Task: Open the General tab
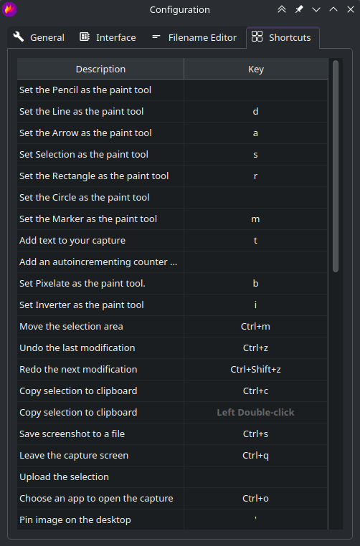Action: pyautogui.click(x=39, y=37)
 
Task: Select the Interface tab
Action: pyautogui.click(x=108, y=37)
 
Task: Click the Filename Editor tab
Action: pyautogui.click(x=194, y=37)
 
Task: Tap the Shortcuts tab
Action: pyautogui.click(x=282, y=37)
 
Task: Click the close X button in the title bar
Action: pyautogui.click(x=351, y=9)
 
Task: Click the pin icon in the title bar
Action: pyautogui.click(x=299, y=9)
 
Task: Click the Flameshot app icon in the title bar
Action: pyautogui.click(x=9, y=9)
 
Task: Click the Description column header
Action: pyautogui.click(x=100, y=69)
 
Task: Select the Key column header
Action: pyautogui.click(x=256, y=69)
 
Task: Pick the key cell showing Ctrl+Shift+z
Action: pyautogui.click(x=256, y=369)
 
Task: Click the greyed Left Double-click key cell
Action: pyautogui.click(x=256, y=412)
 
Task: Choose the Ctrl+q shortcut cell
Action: pyautogui.click(x=256, y=456)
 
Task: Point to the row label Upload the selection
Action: pyautogui.click(x=64, y=476)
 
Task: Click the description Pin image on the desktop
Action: pyautogui.click(x=75, y=520)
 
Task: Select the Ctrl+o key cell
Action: pyautogui.click(x=256, y=498)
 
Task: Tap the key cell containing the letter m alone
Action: pyautogui.click(x=256, y=219)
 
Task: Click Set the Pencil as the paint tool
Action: pyautogui.click(x=85, y=90)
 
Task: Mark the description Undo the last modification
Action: pyautogui.click(x=77, y=348)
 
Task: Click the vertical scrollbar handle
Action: pyautogui.click(x=336, y=166)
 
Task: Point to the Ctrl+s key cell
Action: pyautogui.click(x=256, y=434)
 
